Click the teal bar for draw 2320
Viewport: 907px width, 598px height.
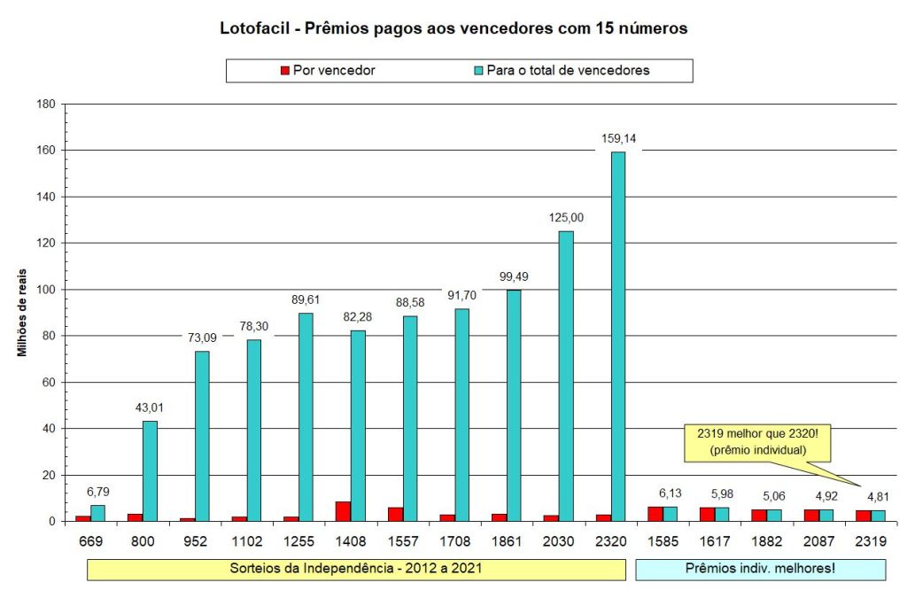[617, 337]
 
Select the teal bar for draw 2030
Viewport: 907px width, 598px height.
[565, 376]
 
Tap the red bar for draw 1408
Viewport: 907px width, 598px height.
[343, 511]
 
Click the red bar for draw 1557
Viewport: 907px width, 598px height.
[395, 514]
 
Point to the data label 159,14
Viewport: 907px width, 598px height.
[617, 138]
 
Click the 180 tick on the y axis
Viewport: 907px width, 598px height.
[47, 105]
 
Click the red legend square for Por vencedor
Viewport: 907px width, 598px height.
[285, 71]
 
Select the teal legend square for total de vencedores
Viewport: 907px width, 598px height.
[479, 71]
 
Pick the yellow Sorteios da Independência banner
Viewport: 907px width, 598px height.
[356, 568]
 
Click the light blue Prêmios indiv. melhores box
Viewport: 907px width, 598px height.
[760, 568]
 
